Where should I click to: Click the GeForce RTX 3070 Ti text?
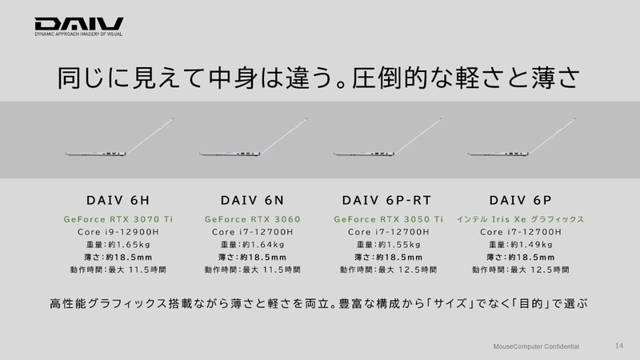pyautogui.click(x=118, y=218)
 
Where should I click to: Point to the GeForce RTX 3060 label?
pyautogui.click(x=252, y=218)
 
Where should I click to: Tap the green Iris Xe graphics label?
pyautogui.click(x=520, y=218)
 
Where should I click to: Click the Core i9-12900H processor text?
pyautogui.click(x=118, y=232)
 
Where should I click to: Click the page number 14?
pyautogui.click(x=618, y=346)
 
